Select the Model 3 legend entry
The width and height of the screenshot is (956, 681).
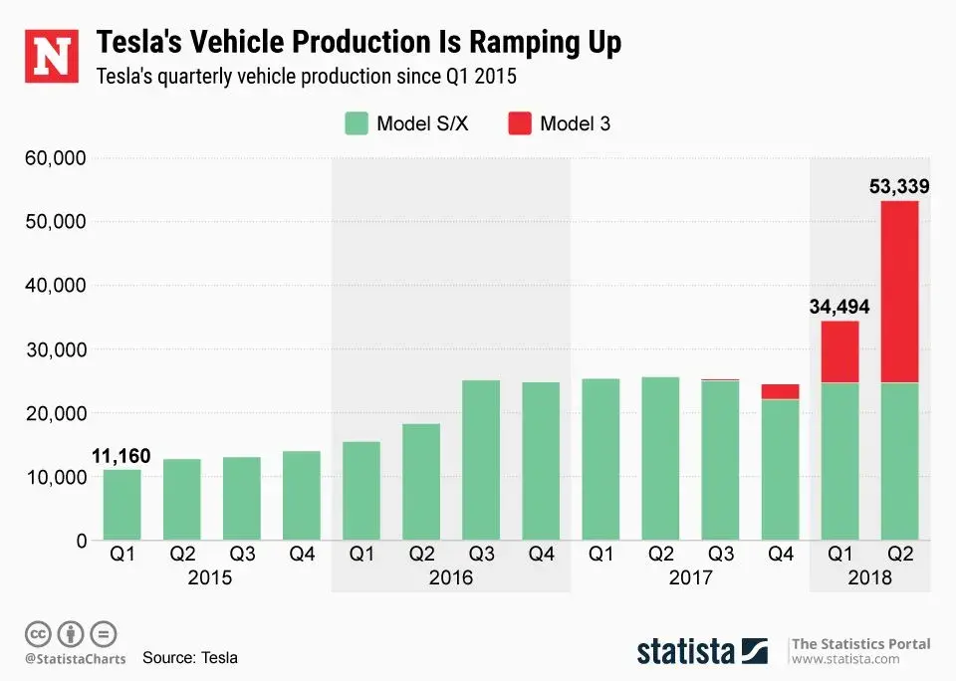click(560, 123)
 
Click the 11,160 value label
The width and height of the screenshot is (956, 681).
click(121, 457)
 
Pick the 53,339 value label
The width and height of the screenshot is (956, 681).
click(899, 186)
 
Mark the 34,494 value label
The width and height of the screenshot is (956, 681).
click(839, 308)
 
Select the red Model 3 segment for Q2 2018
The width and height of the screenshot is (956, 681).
click(899, 292)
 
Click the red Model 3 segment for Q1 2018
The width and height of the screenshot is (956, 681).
click(839, 351)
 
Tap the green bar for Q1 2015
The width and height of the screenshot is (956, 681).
click(122, 505)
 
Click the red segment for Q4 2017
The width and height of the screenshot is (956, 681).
click(780, 391)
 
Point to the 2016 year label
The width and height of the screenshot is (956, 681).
click(450, 577)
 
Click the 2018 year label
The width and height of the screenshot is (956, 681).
click(869, 577)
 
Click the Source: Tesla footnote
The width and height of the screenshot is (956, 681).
click(190, 658)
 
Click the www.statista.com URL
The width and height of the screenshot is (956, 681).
click(846, 659)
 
